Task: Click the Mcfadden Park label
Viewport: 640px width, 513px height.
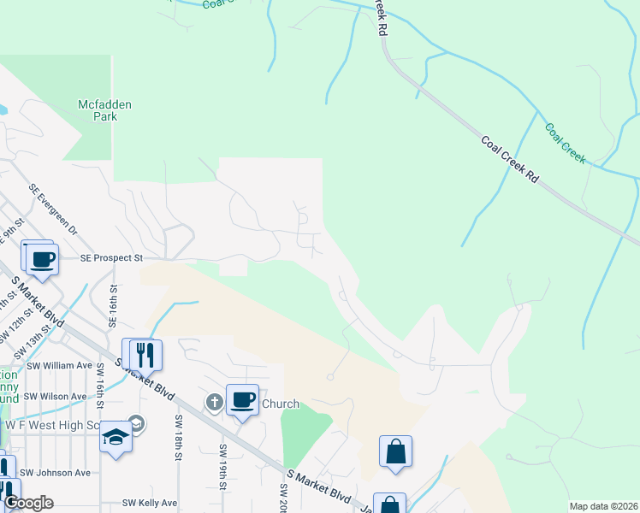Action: (104, 110)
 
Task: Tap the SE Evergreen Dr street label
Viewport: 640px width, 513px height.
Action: (52, 209)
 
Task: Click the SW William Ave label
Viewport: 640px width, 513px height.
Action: (57, 365)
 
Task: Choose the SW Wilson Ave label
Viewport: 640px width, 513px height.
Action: (55, 396)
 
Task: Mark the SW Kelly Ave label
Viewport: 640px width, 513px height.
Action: (150, 503)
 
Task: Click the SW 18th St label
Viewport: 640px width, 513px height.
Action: (179, 438)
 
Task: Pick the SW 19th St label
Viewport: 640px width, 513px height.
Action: (222, 467)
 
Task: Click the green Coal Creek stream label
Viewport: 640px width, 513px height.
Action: (566, 143)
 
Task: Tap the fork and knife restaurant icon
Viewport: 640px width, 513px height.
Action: (142, 355)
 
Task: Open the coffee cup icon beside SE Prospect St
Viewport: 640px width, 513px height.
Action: (42, 258)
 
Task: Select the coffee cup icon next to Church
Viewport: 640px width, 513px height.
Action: (243, 399)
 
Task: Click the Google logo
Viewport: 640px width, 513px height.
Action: (28, 503)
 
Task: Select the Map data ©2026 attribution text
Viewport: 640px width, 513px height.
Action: (603, 506)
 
